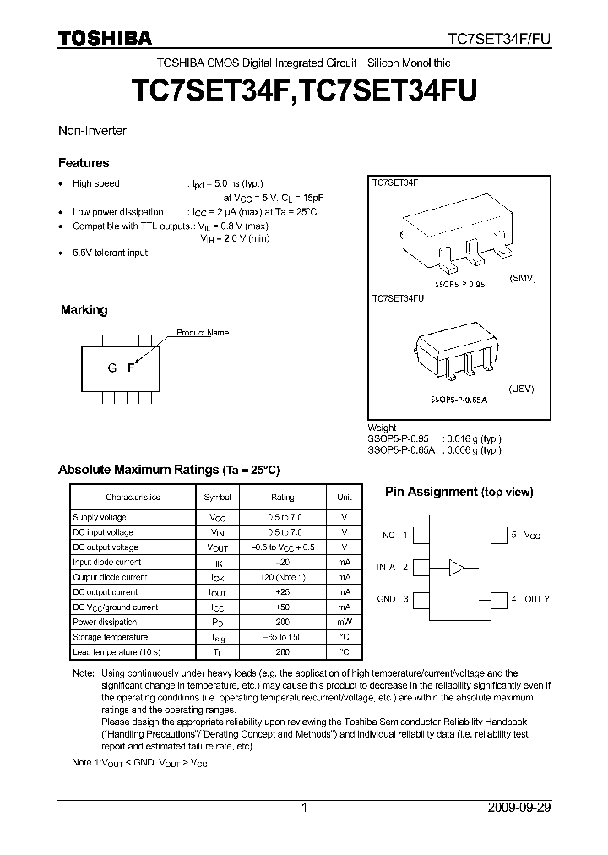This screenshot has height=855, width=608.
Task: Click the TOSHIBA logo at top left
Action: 105,38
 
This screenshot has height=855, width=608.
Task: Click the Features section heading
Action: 83,163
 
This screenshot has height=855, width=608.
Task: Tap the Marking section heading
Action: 84,310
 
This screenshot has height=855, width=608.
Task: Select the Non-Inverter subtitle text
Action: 91,131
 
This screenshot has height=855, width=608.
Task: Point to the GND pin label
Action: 386,599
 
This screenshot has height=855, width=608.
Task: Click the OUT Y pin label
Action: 536,599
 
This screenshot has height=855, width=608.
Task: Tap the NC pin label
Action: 388,536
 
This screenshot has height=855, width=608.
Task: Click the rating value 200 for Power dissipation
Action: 282,622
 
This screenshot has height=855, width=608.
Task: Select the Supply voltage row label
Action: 100,517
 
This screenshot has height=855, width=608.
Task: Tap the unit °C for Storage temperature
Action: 344,637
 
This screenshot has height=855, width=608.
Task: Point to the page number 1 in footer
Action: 304,808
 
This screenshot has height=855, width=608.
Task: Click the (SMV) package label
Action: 523,278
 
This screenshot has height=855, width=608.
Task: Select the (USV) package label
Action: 522,389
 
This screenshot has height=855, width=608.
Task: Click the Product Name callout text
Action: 203,333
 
